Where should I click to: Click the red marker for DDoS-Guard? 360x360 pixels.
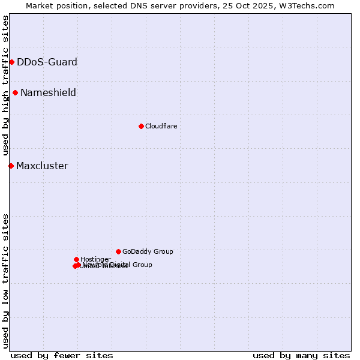(x=11, y=62)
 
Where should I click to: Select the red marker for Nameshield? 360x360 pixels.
(x=15, y=92)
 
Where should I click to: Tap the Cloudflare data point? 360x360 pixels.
(x=141, y=126)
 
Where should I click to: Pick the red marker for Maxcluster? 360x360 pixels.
(x=11, y=166)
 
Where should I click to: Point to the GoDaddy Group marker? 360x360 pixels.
(x=118, y=251)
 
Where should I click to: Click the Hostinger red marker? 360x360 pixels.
(x=76, y=259)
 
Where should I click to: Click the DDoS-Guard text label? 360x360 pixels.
(x=47, y=62)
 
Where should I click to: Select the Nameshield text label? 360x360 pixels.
(x=48, y=92)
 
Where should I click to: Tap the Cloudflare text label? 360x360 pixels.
(x=161, y=126)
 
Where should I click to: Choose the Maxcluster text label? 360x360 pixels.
(x=42, y=166)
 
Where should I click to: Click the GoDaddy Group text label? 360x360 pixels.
(x=148, y=251)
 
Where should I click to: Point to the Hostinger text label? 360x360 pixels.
(x=95, y=259)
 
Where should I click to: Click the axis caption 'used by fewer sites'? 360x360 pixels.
(x=62, y=355)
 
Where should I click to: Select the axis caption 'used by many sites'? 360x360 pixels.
(x=301, y=355)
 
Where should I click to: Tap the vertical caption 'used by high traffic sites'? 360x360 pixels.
(x=5, y=85)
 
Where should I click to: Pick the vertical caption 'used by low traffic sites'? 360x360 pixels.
(x=5, y=280)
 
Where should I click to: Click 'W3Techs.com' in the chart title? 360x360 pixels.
(x=310, y=5)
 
